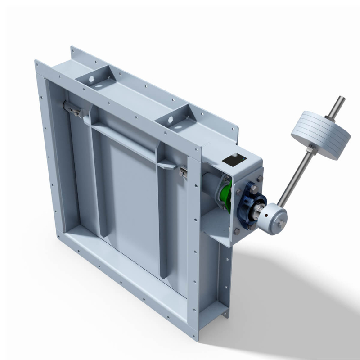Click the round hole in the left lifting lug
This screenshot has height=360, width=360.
pyautogui.click(x=91, y=79)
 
